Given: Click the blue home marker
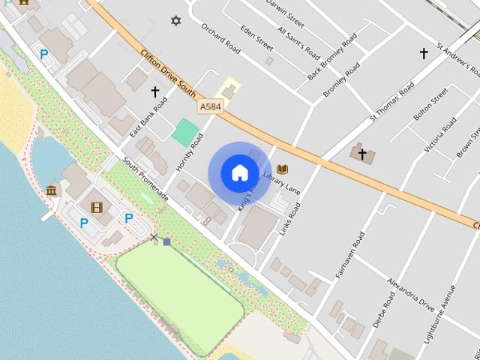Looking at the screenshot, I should [x=238, y=172].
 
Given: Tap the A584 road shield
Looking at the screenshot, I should [x=211, y=108].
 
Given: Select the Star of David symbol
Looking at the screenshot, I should [x=176, y=20].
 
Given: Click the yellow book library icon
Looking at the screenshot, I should [x=283, y=169].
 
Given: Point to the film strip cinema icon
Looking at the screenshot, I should [x=96, y=207].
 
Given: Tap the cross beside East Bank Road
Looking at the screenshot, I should [x=155, y=92].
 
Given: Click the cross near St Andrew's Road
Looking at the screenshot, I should [x=423, y=53].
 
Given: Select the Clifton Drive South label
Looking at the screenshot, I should [x=168, y=74].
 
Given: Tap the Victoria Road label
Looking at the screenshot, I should [x=439, y=136].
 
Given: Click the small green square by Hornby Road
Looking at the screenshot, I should [x=183, y=133].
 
